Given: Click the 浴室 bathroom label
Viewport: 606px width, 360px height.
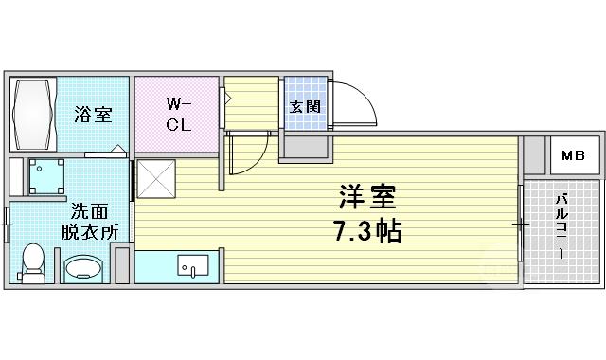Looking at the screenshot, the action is coord(93,115).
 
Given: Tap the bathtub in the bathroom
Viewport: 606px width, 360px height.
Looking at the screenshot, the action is coord(32,115).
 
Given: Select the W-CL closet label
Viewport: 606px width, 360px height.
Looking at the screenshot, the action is coord(179,115).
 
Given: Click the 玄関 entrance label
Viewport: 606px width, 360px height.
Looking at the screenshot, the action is coord(305,107).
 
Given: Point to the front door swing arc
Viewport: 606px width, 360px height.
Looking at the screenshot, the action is coord(367,97).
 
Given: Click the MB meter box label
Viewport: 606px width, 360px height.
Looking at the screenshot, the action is coord(573,155).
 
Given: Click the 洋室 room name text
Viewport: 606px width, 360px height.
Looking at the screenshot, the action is coord(367,197).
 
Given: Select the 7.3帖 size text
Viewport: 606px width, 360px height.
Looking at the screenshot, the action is coord(367,231).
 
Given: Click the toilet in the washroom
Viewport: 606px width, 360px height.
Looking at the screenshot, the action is coord(32,263).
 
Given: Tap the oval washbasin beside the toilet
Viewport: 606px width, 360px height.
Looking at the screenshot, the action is coord(83,268).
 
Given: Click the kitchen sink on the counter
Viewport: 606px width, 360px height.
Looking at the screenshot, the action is coord(193,265).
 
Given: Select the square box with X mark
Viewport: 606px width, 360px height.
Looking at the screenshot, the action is coord(156,179).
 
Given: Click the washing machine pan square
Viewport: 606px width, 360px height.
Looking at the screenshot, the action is coord(46,176).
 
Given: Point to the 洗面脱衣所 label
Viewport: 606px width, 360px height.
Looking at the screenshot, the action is coord(90,222).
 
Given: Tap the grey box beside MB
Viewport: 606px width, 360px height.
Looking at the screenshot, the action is coord(534,155).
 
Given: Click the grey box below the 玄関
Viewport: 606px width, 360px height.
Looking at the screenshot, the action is coord(306,148).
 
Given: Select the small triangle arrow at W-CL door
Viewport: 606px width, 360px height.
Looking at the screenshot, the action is coord(227,99).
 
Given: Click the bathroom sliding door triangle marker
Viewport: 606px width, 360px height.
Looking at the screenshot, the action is coord(117,149).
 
